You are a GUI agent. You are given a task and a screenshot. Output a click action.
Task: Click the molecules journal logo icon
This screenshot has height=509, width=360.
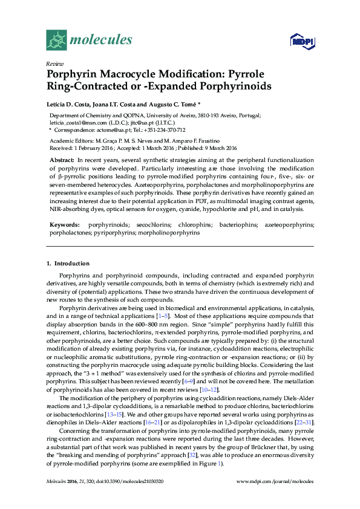[56, 41]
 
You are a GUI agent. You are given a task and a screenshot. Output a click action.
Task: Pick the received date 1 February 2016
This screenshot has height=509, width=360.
[91, 147]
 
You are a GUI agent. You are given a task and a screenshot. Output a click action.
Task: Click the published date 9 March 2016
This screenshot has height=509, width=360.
[216, 147]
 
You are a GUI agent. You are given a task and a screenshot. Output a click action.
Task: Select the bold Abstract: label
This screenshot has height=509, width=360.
[62, 160]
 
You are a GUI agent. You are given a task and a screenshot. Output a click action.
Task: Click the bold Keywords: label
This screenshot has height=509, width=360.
[64, 224]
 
